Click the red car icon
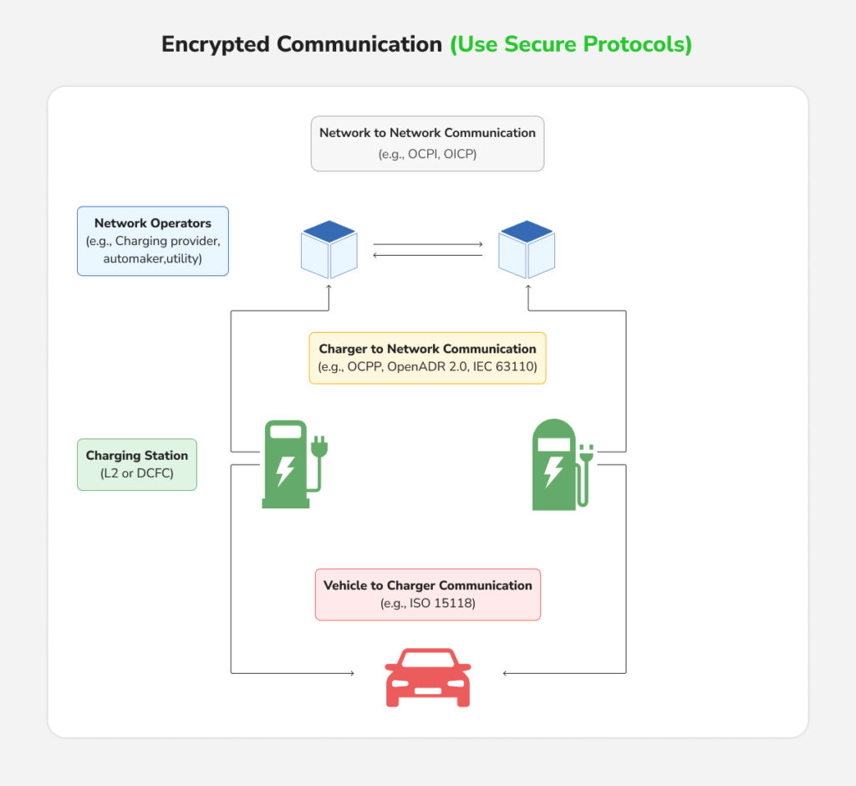[x=427, y=677]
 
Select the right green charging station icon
[x=555, y=465]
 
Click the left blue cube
[x=329, y=249]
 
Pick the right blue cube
[x=527, y=249]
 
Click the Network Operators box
[x=152, y=241]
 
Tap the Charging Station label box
[x=137, y=464]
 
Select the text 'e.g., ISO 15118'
[x=427, y=603]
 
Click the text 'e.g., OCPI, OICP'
[x=427, y=153]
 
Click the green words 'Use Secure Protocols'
[x=571, y=44]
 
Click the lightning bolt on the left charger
[x=285, y=470]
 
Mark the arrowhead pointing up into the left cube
[x=329, y=287]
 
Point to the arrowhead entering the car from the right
[x=506, y=672]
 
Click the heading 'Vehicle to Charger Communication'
[x=427, y=585]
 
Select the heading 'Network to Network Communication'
[x=427, y=132]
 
